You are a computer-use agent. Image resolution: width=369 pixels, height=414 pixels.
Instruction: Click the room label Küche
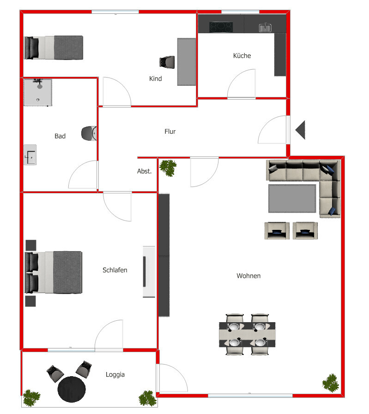tap(242, 55)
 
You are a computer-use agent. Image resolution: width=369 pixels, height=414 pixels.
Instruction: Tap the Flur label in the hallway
tap(170, 132)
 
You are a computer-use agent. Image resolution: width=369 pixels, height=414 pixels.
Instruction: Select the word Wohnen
tap(248, 276)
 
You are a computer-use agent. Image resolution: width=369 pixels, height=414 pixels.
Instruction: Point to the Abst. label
tap(144, 171)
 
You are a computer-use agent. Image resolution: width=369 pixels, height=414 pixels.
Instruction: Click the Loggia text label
tap(115, 375)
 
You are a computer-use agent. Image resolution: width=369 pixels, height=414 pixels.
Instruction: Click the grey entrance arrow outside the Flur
tap(301, 129)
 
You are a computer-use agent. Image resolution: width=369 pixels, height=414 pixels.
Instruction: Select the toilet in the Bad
tap(89, 133)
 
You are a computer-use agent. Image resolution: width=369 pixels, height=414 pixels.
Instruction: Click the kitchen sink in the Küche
tap(265, 28)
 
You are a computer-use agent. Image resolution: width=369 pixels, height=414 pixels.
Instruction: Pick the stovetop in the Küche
tap(221, 27)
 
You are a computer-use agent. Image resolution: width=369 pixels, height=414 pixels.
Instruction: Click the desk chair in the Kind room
tap(167, 62)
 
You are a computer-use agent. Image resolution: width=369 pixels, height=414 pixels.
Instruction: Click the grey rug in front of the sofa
tap(293, 198)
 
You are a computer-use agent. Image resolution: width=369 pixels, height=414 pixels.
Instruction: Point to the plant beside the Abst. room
tap(168, 168)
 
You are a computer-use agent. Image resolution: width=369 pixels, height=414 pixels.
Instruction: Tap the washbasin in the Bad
tap(30, 155)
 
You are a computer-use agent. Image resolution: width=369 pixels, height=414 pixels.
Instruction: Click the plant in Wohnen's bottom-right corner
tap(331, 383)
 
